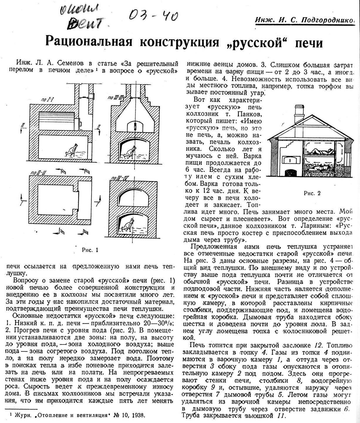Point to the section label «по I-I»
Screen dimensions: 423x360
click(x=47, y=101)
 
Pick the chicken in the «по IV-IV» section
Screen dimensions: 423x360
click(x=128, y=225)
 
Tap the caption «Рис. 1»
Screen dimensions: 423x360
click(x=90, y=250)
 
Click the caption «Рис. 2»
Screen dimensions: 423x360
click(x=312, y=193)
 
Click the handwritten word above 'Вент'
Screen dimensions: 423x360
click(x=76, y=10)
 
